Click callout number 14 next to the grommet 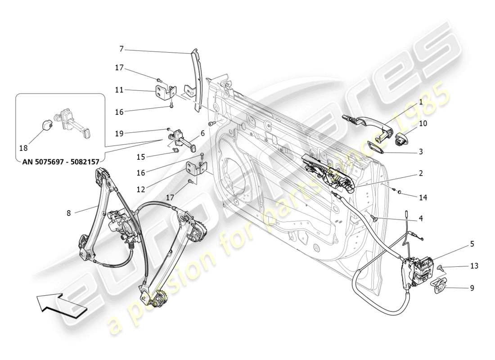[x=423, y=198]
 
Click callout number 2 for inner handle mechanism [x=420, y=173]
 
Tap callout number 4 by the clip [x=420, y=219]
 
